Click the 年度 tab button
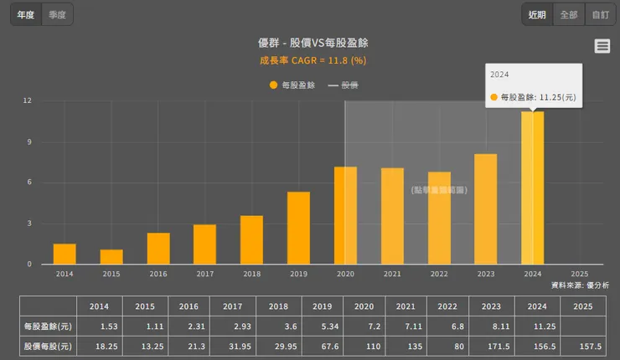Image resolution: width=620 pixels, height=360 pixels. [25, 14]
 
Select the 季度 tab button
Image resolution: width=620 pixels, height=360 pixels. [57, 14]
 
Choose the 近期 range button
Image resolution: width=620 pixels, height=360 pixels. [537, 14]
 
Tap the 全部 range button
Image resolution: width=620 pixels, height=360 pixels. [569, 14]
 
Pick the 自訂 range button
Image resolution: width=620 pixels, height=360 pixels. [600, 14]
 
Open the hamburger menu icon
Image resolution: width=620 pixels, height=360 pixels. [602, 47]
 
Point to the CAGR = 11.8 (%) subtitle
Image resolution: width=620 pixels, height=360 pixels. [313, 60]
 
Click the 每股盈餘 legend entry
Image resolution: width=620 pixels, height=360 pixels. [292, 85]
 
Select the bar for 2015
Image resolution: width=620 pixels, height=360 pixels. [111, 257]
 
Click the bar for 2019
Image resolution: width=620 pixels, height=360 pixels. [298, 228]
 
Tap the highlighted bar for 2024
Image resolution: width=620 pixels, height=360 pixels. [532, 188]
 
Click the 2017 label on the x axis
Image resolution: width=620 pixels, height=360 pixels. [204, 274]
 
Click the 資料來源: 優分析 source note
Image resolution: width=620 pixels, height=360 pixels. [580, 285]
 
